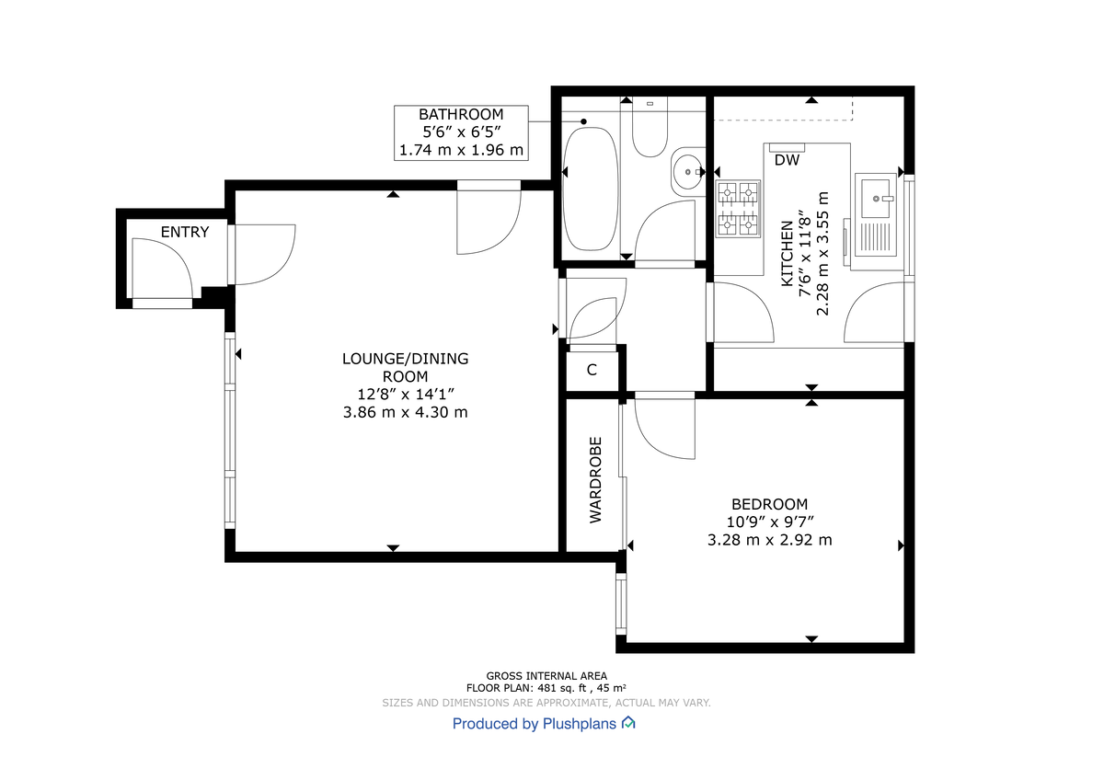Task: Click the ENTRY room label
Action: pos(185,232)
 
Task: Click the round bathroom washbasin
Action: pos(686,171)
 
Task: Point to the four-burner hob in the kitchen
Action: pos(740,208)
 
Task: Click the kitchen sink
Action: pos(875,196)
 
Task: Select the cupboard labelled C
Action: pos(592,371)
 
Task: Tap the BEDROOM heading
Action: pos(769,504)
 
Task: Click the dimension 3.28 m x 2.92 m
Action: pos(769,540)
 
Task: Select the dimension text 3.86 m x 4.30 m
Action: pos(405,412)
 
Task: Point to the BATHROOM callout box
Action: pos(461,132)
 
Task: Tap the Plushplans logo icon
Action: pos(628,723)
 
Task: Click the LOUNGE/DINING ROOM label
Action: pos(405,367)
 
